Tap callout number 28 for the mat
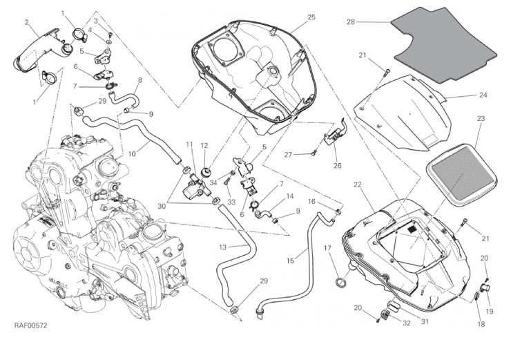351,22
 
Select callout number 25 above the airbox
292,17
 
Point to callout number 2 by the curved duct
26,22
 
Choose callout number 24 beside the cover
463,95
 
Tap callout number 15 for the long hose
291,261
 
